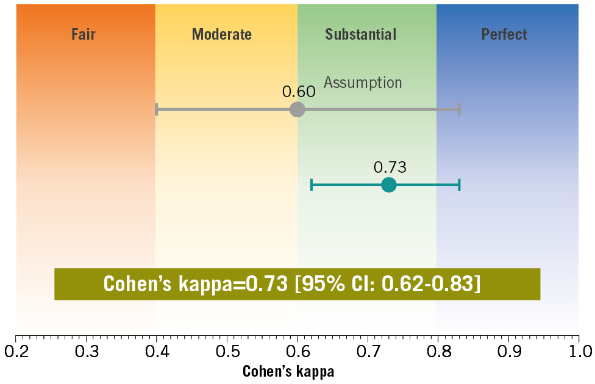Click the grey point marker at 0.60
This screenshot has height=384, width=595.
click(297, 109)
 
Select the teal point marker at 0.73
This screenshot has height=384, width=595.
click(388, 184)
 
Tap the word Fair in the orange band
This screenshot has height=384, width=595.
click(84, 34)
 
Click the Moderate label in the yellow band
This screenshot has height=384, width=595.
click(221, 34)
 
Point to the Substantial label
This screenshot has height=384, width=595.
click(360, 34)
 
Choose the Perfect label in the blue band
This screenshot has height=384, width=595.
click(504, 34)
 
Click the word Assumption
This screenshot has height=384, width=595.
click(363, 82)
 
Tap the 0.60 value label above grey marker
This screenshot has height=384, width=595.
click(299, 92)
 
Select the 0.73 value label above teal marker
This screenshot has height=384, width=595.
click(390, 167)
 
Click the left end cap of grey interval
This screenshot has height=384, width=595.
click(157, 109)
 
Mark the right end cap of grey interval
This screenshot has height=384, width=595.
click(459, 109)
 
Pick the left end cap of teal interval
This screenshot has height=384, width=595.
click(312, 184)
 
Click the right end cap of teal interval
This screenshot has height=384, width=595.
click(459, 184)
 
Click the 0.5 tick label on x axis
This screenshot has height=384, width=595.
click(227, 352)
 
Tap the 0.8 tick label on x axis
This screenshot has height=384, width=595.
click(438, 352)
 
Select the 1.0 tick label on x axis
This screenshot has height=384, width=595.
click(579, 352)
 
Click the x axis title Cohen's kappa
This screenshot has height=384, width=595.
click(288, 371)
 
